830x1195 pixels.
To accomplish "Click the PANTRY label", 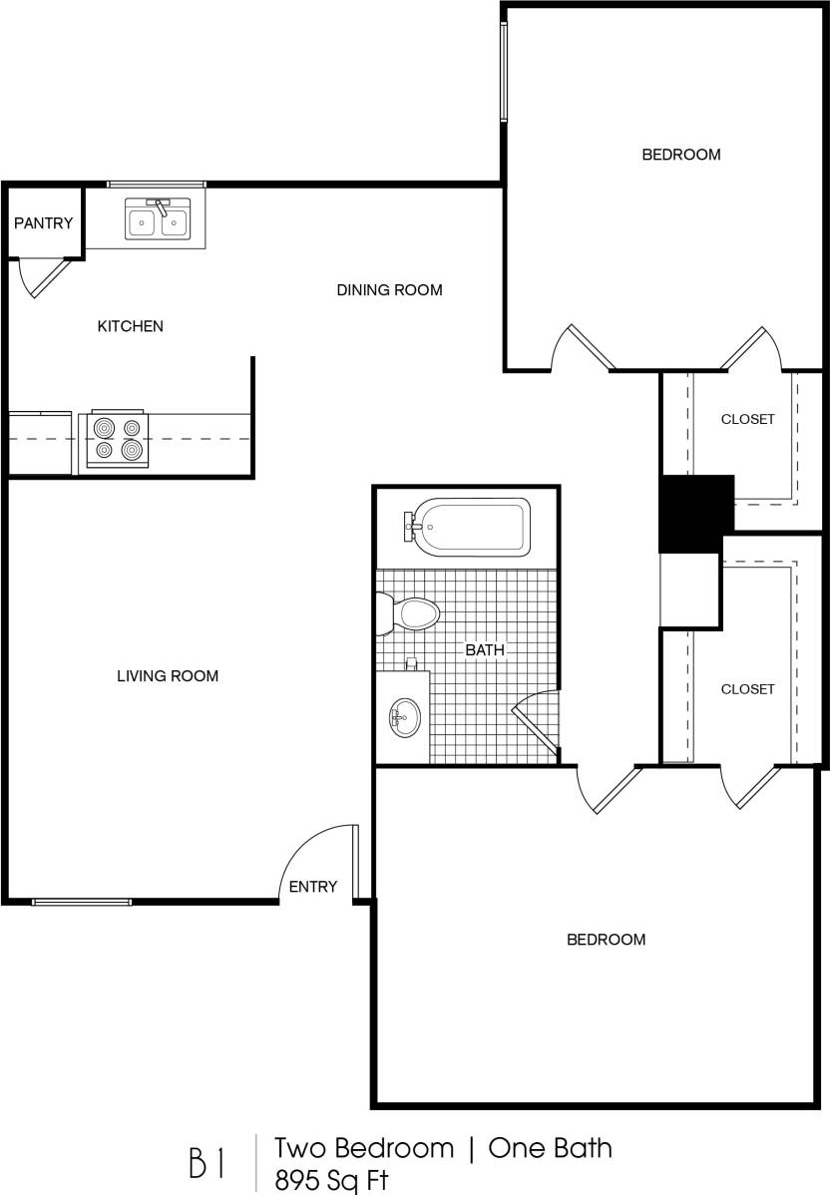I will [43, 223].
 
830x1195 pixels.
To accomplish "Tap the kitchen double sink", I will [158, 218].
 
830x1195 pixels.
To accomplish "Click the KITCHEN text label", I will [130, 326].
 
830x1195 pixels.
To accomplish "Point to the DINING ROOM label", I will [389, 290].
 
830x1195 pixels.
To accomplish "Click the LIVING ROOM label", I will [168, 675].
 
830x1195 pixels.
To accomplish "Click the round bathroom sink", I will [404, 715].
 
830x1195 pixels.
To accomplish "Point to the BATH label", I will [485, 650].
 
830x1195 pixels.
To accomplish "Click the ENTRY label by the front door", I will [313, 886].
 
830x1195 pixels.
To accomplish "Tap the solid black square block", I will [695, 512].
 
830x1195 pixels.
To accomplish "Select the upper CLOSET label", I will [747, 419].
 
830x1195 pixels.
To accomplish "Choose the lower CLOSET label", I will [747, 689].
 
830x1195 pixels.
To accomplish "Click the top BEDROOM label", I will [681, 155].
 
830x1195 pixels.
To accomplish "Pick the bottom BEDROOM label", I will [606, 939].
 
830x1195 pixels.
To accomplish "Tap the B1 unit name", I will [207, 1163].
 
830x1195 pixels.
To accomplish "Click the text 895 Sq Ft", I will [332, 1180].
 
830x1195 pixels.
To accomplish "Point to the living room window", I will [82, 902].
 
